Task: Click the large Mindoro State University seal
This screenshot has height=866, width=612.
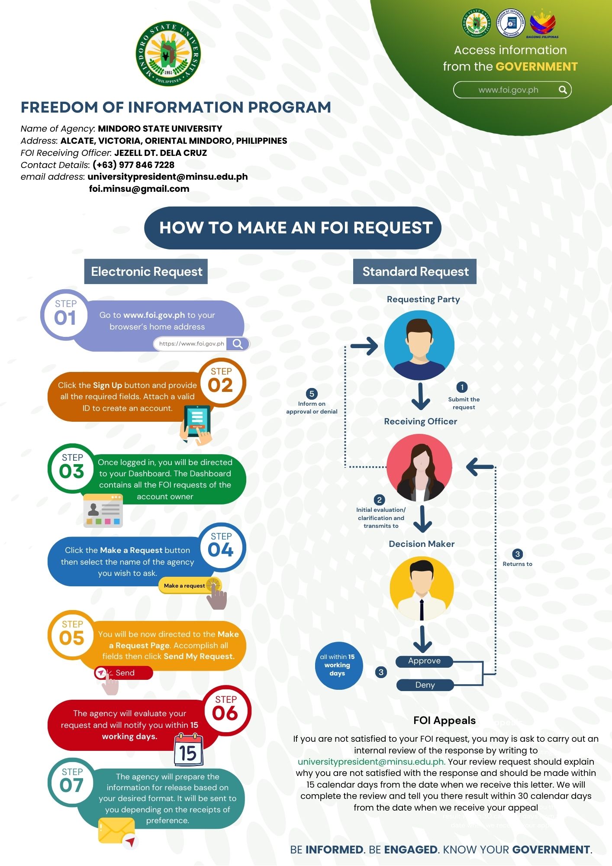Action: coord(168,54)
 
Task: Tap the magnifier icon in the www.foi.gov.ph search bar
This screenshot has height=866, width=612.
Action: coord(563,90)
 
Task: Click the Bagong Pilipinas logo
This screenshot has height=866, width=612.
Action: coord(542,24)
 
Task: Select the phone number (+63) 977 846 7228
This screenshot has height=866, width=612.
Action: coord(133,165)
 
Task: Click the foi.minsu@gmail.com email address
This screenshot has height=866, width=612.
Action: coord(139,189)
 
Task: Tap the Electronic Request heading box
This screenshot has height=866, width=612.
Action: coord(146,271)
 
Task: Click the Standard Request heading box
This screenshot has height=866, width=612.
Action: coord(415,271)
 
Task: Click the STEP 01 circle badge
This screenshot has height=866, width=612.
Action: coord(65,314)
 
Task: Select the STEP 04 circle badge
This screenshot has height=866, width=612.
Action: coord(222,546)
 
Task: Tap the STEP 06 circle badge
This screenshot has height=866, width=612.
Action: coord(225,710)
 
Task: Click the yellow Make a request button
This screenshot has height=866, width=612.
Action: coord(185,586)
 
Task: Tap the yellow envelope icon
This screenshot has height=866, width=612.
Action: coord(116,830)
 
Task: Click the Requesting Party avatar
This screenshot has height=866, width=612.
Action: coord(419,345)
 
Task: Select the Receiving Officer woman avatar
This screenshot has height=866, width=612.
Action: coord(419,468)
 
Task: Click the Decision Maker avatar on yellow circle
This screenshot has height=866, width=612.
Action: coord(422,588)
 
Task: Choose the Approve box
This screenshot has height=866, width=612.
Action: coord(424,661)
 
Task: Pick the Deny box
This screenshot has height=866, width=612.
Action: coord(425,685)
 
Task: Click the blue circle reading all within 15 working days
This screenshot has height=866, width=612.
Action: coord(338,666)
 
